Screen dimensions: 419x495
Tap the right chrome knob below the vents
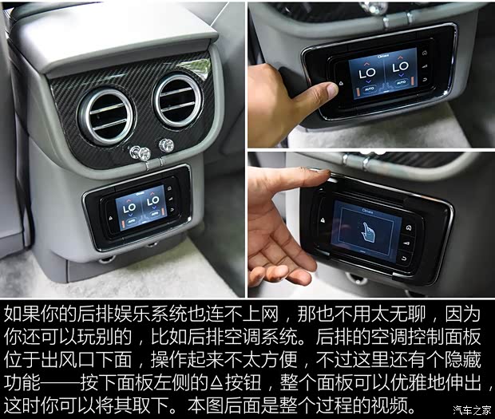coord(166,145)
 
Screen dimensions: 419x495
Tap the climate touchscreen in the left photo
coord(140,208)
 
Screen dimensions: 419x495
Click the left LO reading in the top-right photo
coord(366,72)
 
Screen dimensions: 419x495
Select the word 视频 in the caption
coord(398,406)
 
